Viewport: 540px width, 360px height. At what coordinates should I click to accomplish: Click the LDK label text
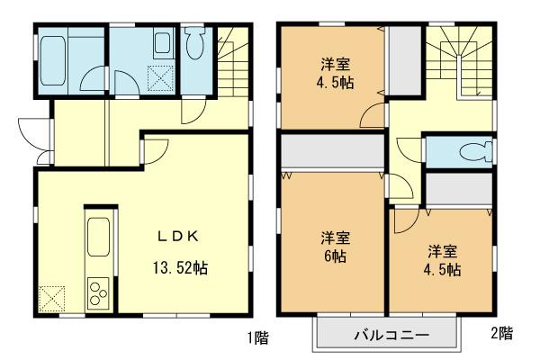click(178, 238)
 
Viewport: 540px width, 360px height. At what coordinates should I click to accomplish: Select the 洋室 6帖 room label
click(336, 247)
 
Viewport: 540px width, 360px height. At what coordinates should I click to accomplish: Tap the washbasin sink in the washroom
click(162, 45)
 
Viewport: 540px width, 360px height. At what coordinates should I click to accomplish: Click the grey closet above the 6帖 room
click(331, 153)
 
